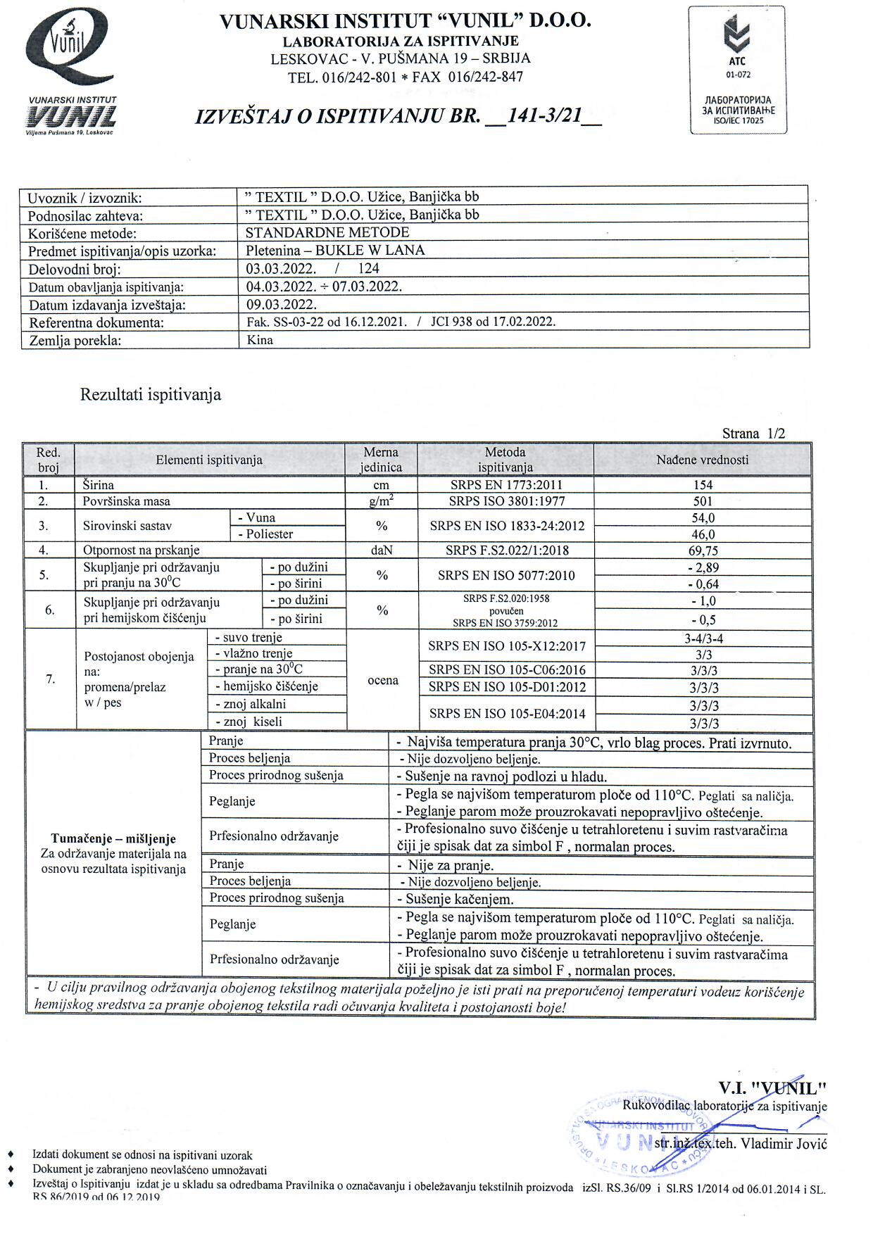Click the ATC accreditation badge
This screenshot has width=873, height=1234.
coord(738,69)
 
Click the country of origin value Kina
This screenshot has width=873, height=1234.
coord(260,340)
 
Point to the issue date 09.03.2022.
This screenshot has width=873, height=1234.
coord(282,305)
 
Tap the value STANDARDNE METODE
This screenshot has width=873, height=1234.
coord(327,232)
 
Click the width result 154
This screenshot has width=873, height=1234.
coord(702,485)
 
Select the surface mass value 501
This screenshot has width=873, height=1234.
coord(702,501)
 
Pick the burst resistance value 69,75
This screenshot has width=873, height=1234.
coord(702,550)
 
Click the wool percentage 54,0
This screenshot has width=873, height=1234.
coord(702,518)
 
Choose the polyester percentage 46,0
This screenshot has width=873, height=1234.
coord(702,534)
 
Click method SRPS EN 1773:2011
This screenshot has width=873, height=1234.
coord(505,485)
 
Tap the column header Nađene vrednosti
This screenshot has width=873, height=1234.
coord(702,460)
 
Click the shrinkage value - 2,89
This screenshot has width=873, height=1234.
coord(702,567)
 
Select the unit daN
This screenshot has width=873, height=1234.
coord(382,550)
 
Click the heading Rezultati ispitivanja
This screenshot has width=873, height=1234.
coord(151,394)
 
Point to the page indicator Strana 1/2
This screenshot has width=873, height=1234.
coord(753,434)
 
